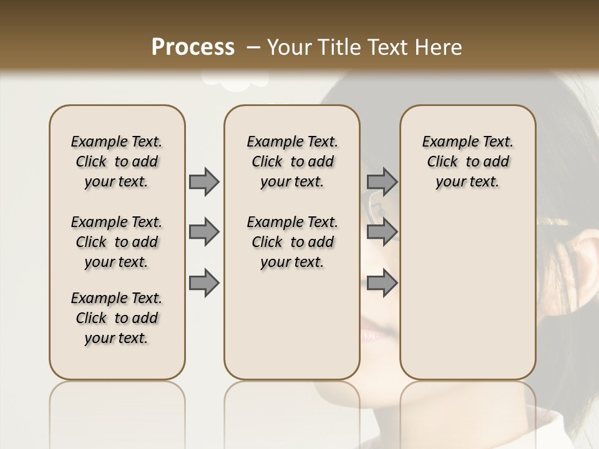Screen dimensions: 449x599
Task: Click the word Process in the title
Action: (x=193, y=47)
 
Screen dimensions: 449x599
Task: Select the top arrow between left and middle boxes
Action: (x=204, y=181)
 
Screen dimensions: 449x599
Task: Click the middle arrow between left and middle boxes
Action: (x=204, y=232)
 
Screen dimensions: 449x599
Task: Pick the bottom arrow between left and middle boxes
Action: (x=204, y=282)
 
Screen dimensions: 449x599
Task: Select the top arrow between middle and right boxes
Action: (x=382, y=181)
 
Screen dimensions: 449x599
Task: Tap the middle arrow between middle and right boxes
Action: (x=382, y=232)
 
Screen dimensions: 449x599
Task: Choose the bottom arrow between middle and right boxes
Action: (x=382, y=282)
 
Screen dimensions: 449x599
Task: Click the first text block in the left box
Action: (x=117, y=162)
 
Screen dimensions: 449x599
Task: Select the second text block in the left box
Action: (x=117, y=242)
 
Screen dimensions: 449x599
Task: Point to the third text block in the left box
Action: (x=117, y=318)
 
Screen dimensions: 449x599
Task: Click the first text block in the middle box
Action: (x=292, y=162)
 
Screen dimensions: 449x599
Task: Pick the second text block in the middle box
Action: (x=292, y=242)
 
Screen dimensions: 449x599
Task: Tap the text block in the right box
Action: (x=467, y=162)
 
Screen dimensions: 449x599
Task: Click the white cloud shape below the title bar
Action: (x=235, y=78)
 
